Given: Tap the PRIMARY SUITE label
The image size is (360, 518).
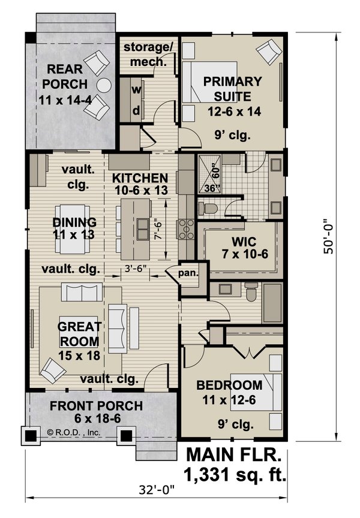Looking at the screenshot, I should tap(232, 88).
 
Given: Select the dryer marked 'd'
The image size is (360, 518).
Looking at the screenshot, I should tap(136, 110).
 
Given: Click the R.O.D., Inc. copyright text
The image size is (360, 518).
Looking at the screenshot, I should tap(73, 432).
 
